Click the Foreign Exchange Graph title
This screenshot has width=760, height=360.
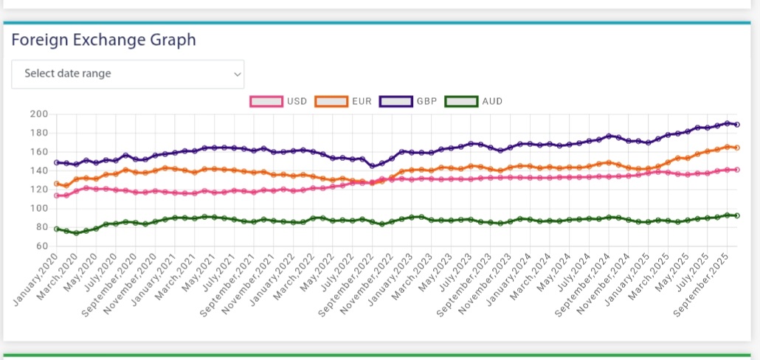point(104,40)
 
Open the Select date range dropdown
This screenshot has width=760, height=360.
point(127,74)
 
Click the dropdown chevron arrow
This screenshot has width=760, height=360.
point(237,74)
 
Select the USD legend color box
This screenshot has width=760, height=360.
point(266,101)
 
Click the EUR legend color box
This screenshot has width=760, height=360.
point(331,101)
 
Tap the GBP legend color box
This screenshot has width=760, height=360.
point(395,101)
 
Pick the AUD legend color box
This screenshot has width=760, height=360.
point(461,101)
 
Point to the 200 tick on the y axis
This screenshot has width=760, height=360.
point(38,114)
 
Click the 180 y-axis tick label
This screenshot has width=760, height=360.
point(38,133)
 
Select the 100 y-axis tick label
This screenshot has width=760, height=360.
point(38,208)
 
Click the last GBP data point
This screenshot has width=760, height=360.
point(737,125)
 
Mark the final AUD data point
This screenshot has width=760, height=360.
point(737,215)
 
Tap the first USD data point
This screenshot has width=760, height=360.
point(57,195)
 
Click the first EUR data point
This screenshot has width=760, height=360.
point(57,184)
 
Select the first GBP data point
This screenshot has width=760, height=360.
point(57,162)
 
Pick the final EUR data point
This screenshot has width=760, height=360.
point(737,148)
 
